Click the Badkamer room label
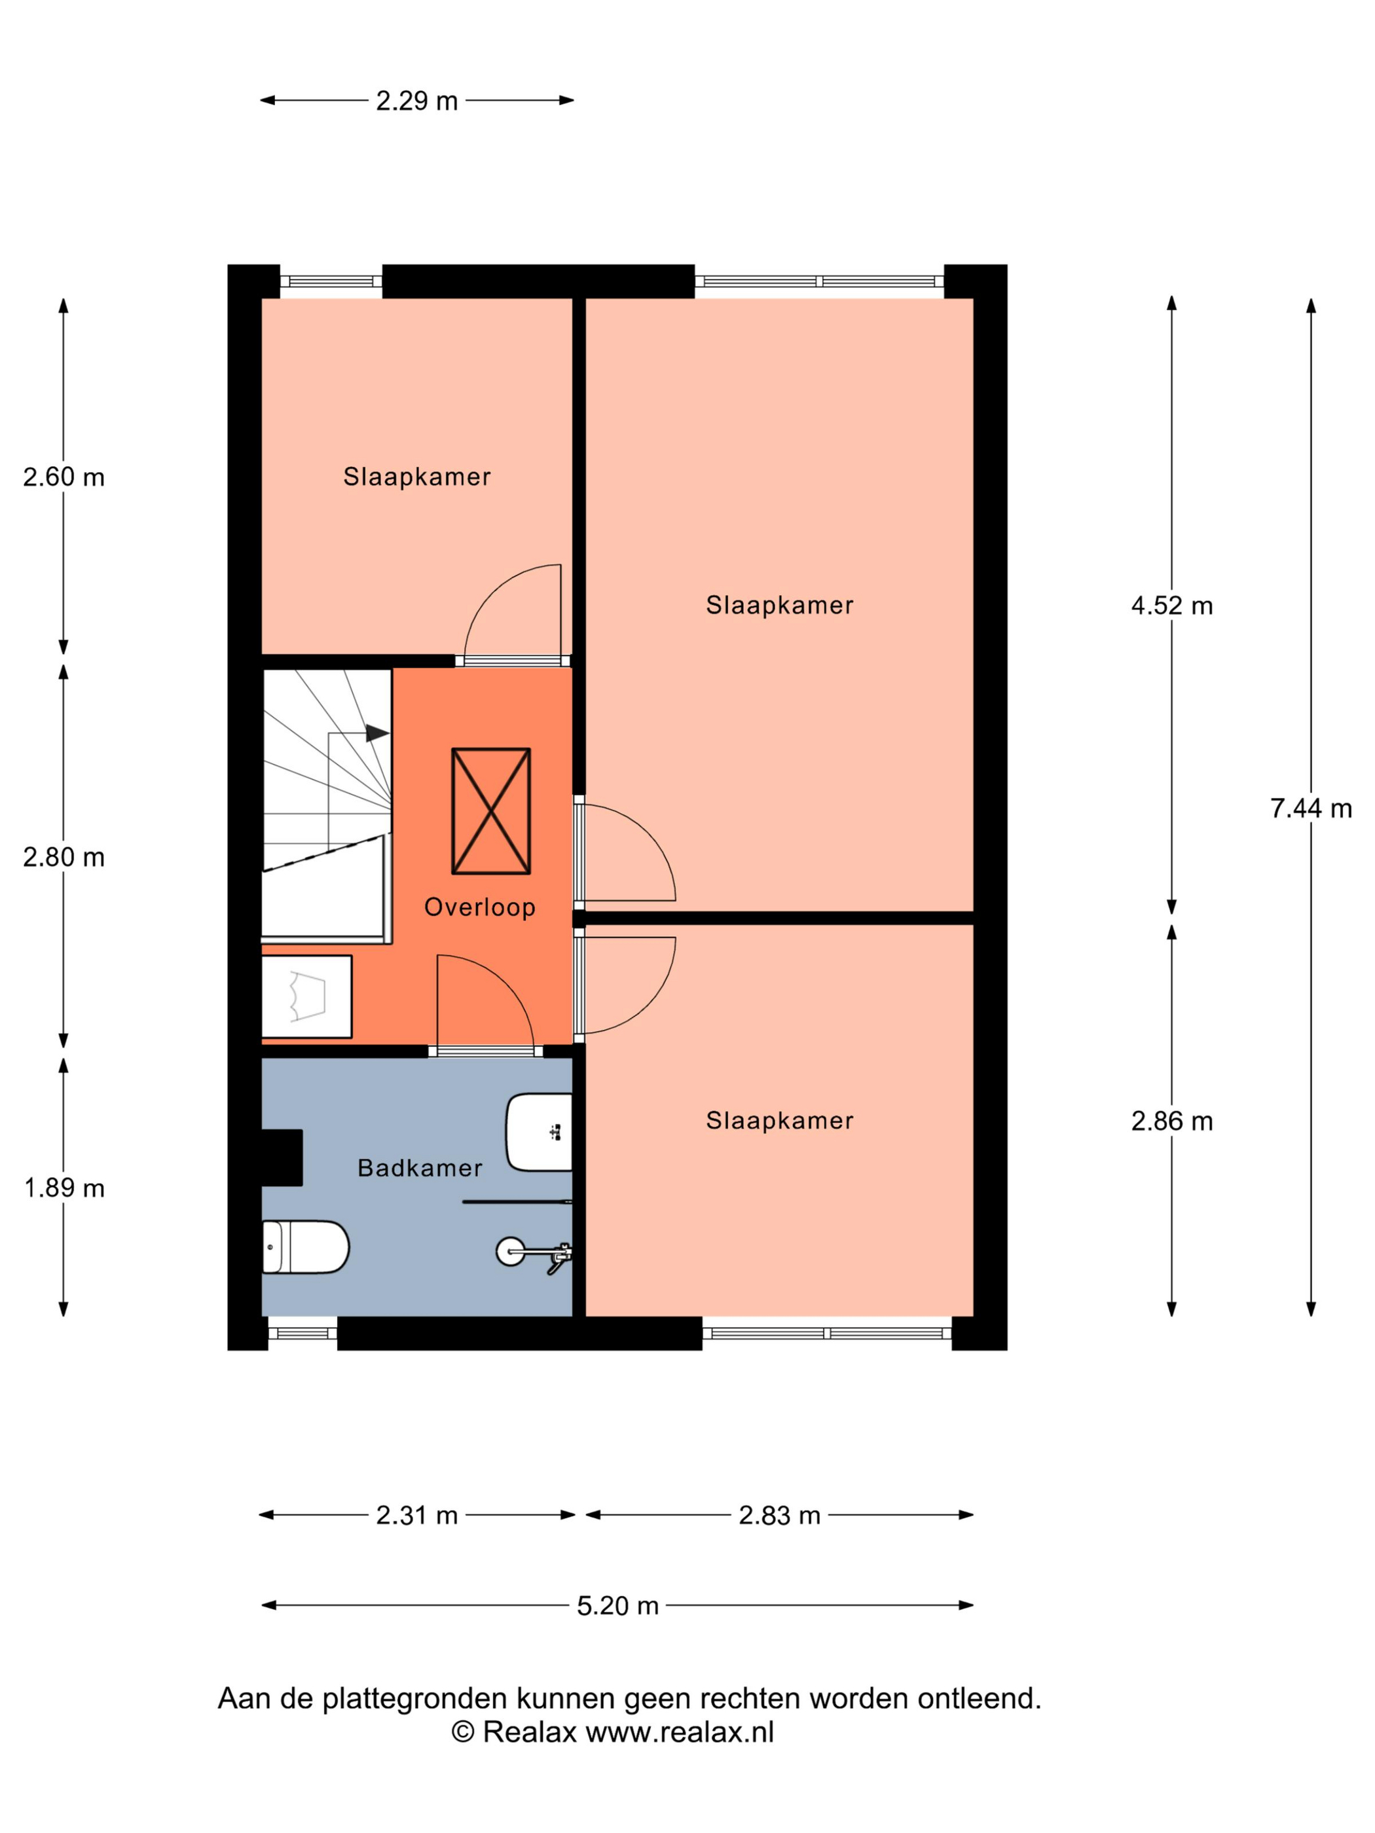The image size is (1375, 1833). (420, 1168)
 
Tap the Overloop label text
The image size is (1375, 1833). (480, 907)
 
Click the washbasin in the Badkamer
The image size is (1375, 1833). (539, 1132)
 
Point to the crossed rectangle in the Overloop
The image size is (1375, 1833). (490, 811)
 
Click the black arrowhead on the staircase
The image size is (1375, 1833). (377, 733)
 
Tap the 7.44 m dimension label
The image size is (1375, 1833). (1310, 808)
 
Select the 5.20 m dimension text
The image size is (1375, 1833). (617, 1606)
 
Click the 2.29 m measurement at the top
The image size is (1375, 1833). (417, 101)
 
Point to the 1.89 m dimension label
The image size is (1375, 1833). (64, 1188)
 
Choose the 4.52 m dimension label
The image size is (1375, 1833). (1172, 606)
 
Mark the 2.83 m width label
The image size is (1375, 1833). (779, 1515)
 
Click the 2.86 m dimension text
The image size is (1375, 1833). (1172, 1121)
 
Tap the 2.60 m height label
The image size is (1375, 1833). (64, 477)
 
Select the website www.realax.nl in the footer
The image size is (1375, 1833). (680, 1733)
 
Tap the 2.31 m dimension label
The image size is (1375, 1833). (417, 1515)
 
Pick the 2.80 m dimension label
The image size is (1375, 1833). (64, 857)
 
